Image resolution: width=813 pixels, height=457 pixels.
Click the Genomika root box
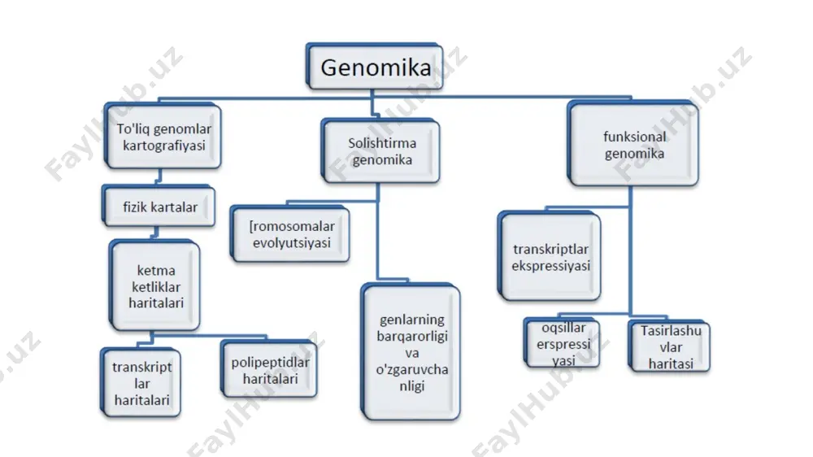click(374, 67)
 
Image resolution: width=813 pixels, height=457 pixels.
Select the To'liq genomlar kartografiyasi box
click(163, 136)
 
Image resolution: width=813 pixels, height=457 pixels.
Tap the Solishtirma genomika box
click(380, 151)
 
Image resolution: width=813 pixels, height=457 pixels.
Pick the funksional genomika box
click(633, 144)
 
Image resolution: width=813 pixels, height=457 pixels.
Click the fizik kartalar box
click(159, 206)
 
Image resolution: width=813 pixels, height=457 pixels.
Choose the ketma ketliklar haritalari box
click(154, 285)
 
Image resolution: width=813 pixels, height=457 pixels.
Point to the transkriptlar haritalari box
click(141, 383)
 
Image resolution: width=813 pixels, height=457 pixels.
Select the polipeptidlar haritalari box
click(268, 369)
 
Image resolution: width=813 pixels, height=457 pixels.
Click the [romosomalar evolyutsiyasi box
click(290, 234)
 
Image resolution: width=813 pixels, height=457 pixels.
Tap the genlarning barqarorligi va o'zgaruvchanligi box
click(411, 352)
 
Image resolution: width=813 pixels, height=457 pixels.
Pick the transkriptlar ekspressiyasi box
click(550, 256)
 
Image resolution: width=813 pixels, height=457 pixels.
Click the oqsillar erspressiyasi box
click(562, 343)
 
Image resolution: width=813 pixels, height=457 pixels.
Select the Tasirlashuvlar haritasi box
click(669, 346)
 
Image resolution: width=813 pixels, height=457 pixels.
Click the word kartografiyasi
click(164, 146)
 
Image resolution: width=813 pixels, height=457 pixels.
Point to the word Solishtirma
click(382, 142)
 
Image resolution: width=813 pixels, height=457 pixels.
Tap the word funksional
click(635, 137)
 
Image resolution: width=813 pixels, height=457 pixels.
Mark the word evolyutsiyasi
click(291, 242)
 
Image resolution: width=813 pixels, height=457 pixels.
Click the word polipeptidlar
click(270, 362)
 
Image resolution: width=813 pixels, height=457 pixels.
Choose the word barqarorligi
click(412, 336)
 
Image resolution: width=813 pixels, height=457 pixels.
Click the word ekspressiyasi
click(550, 266)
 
